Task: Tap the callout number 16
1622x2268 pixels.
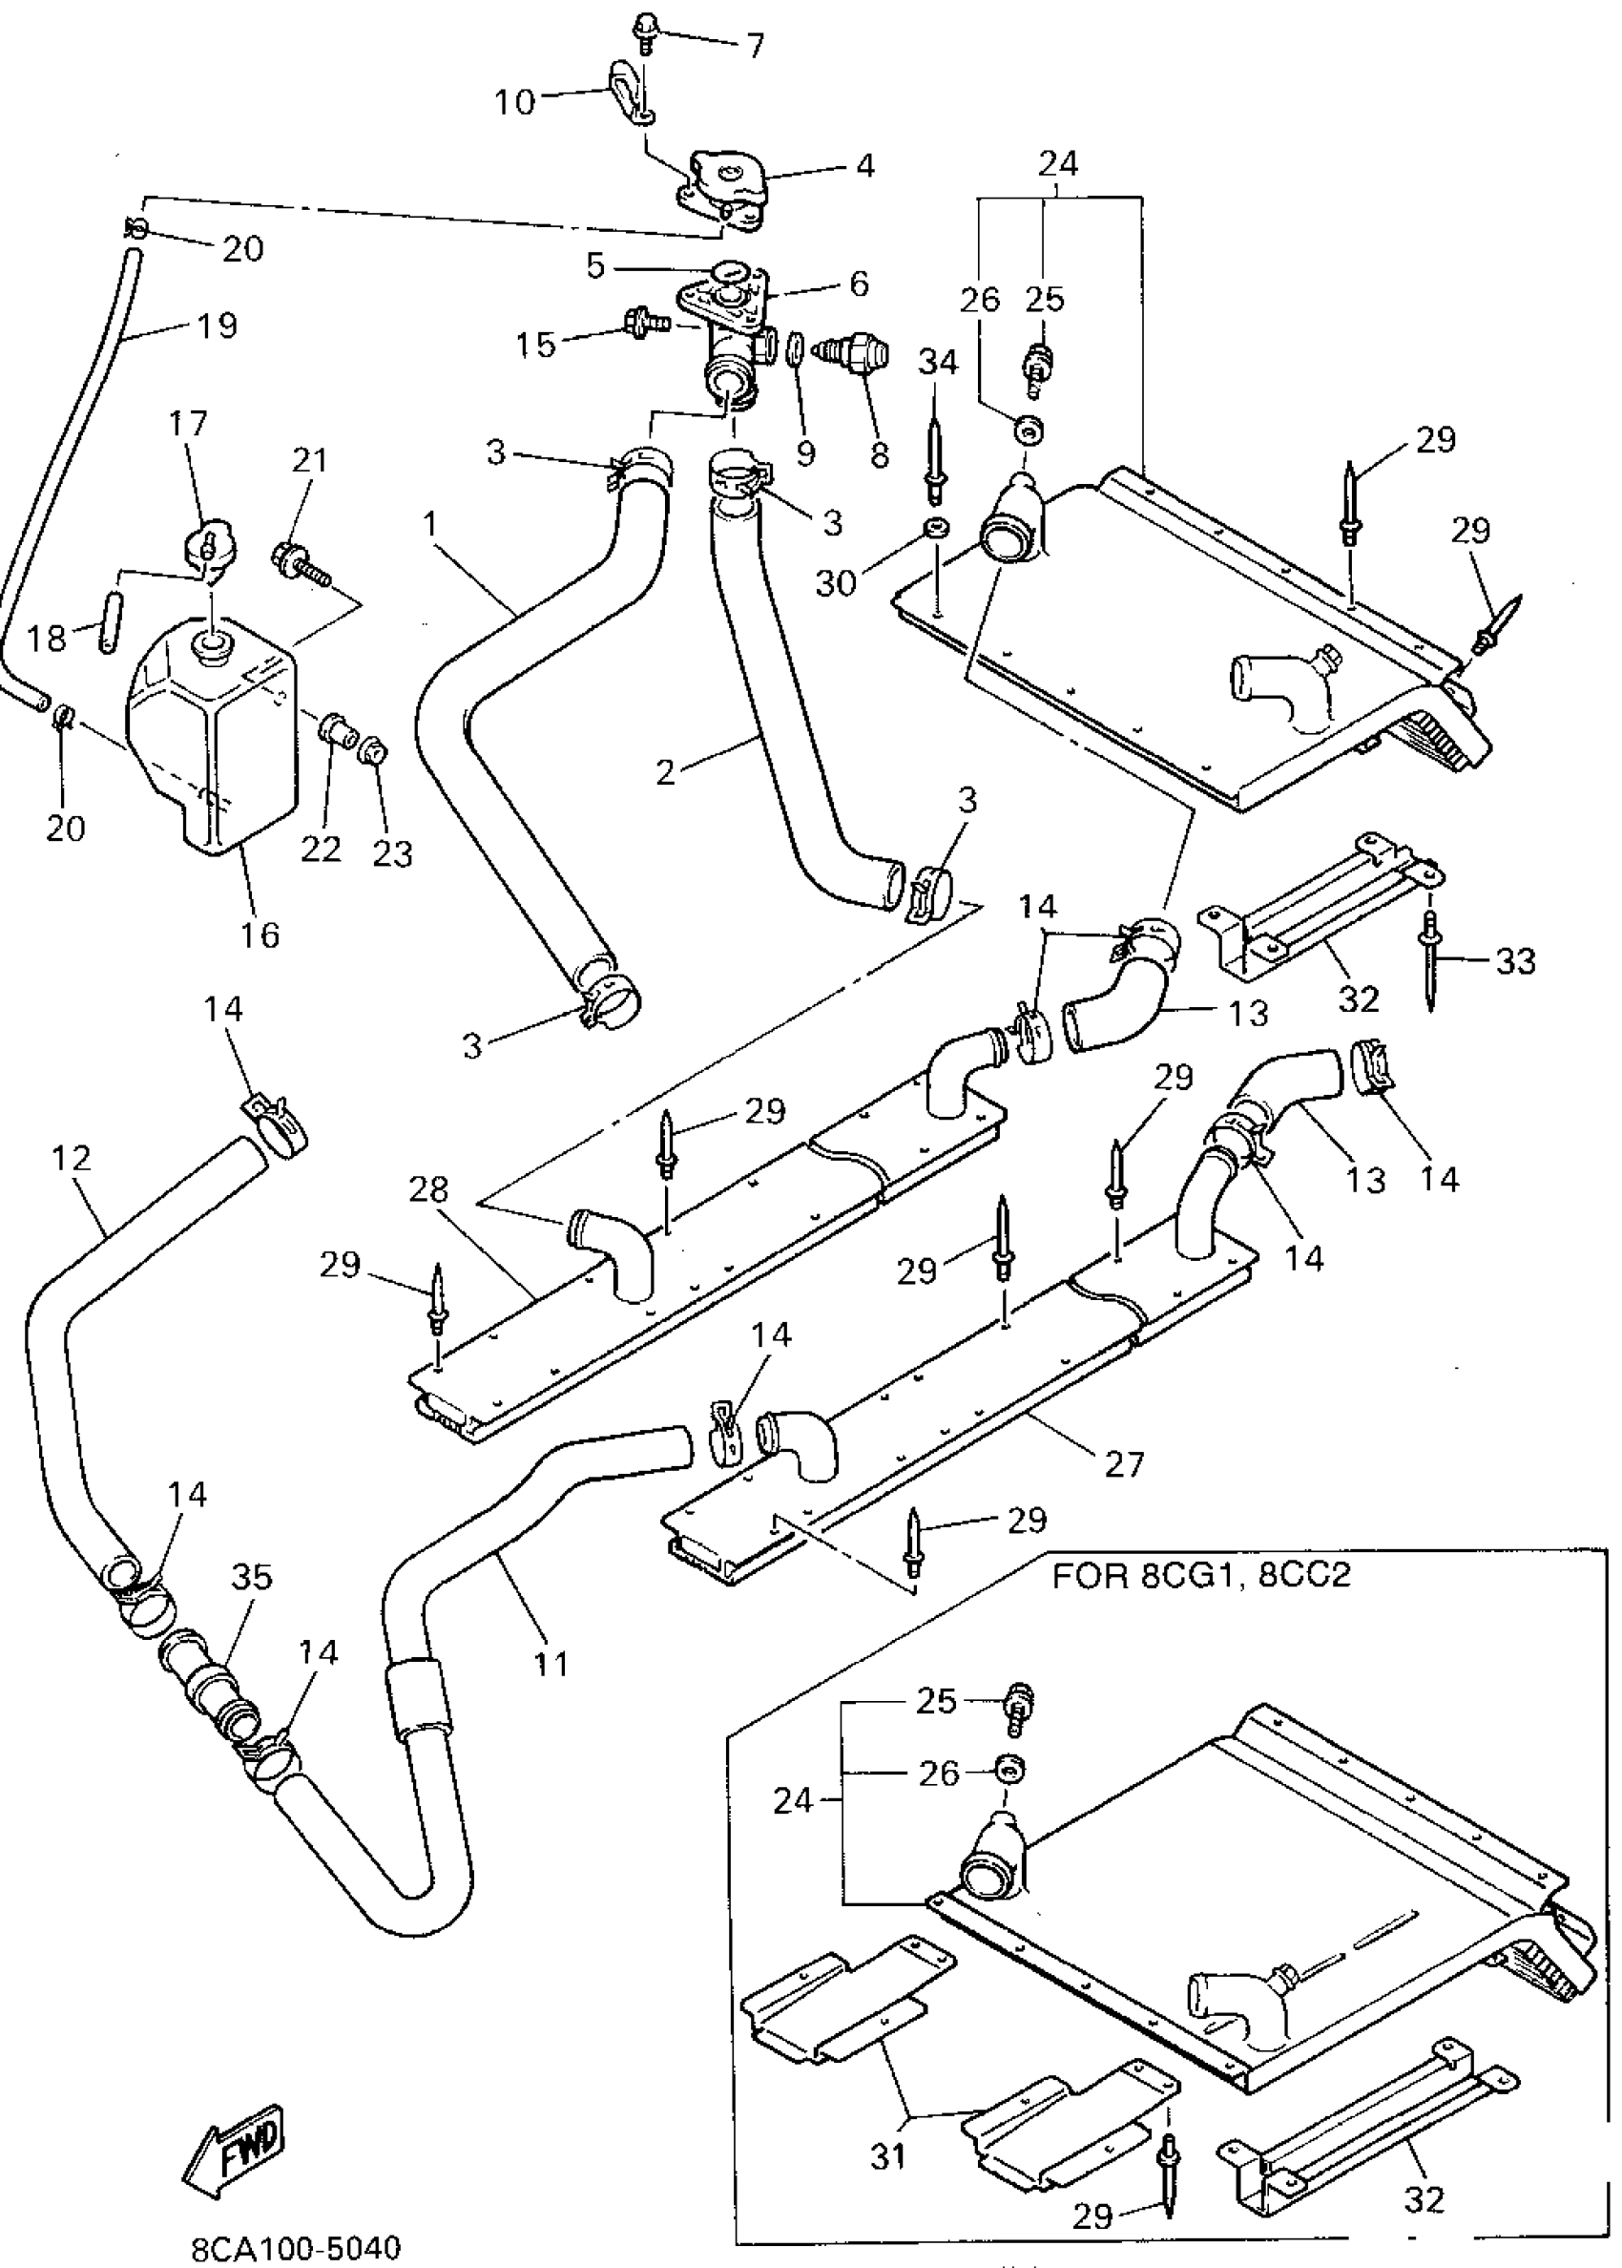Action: pyautogui.click(x=260, y=936)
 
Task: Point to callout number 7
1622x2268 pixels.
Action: pyautogui.click(x=755, y=45)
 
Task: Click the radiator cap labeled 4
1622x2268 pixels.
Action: pyautogui.click(x=725, y=190)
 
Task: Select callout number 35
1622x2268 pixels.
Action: pyautogui.click(x=252, y=1578)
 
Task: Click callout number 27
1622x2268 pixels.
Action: pyautogui.click(x=1124, y=1464)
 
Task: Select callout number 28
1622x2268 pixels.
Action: pyautogui.click(x=428, y=1190)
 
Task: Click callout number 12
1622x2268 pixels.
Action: pyautogui.click(x=70, y=1158)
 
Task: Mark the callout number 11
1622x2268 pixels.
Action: pyautogui.click(x=551, y=1665)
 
